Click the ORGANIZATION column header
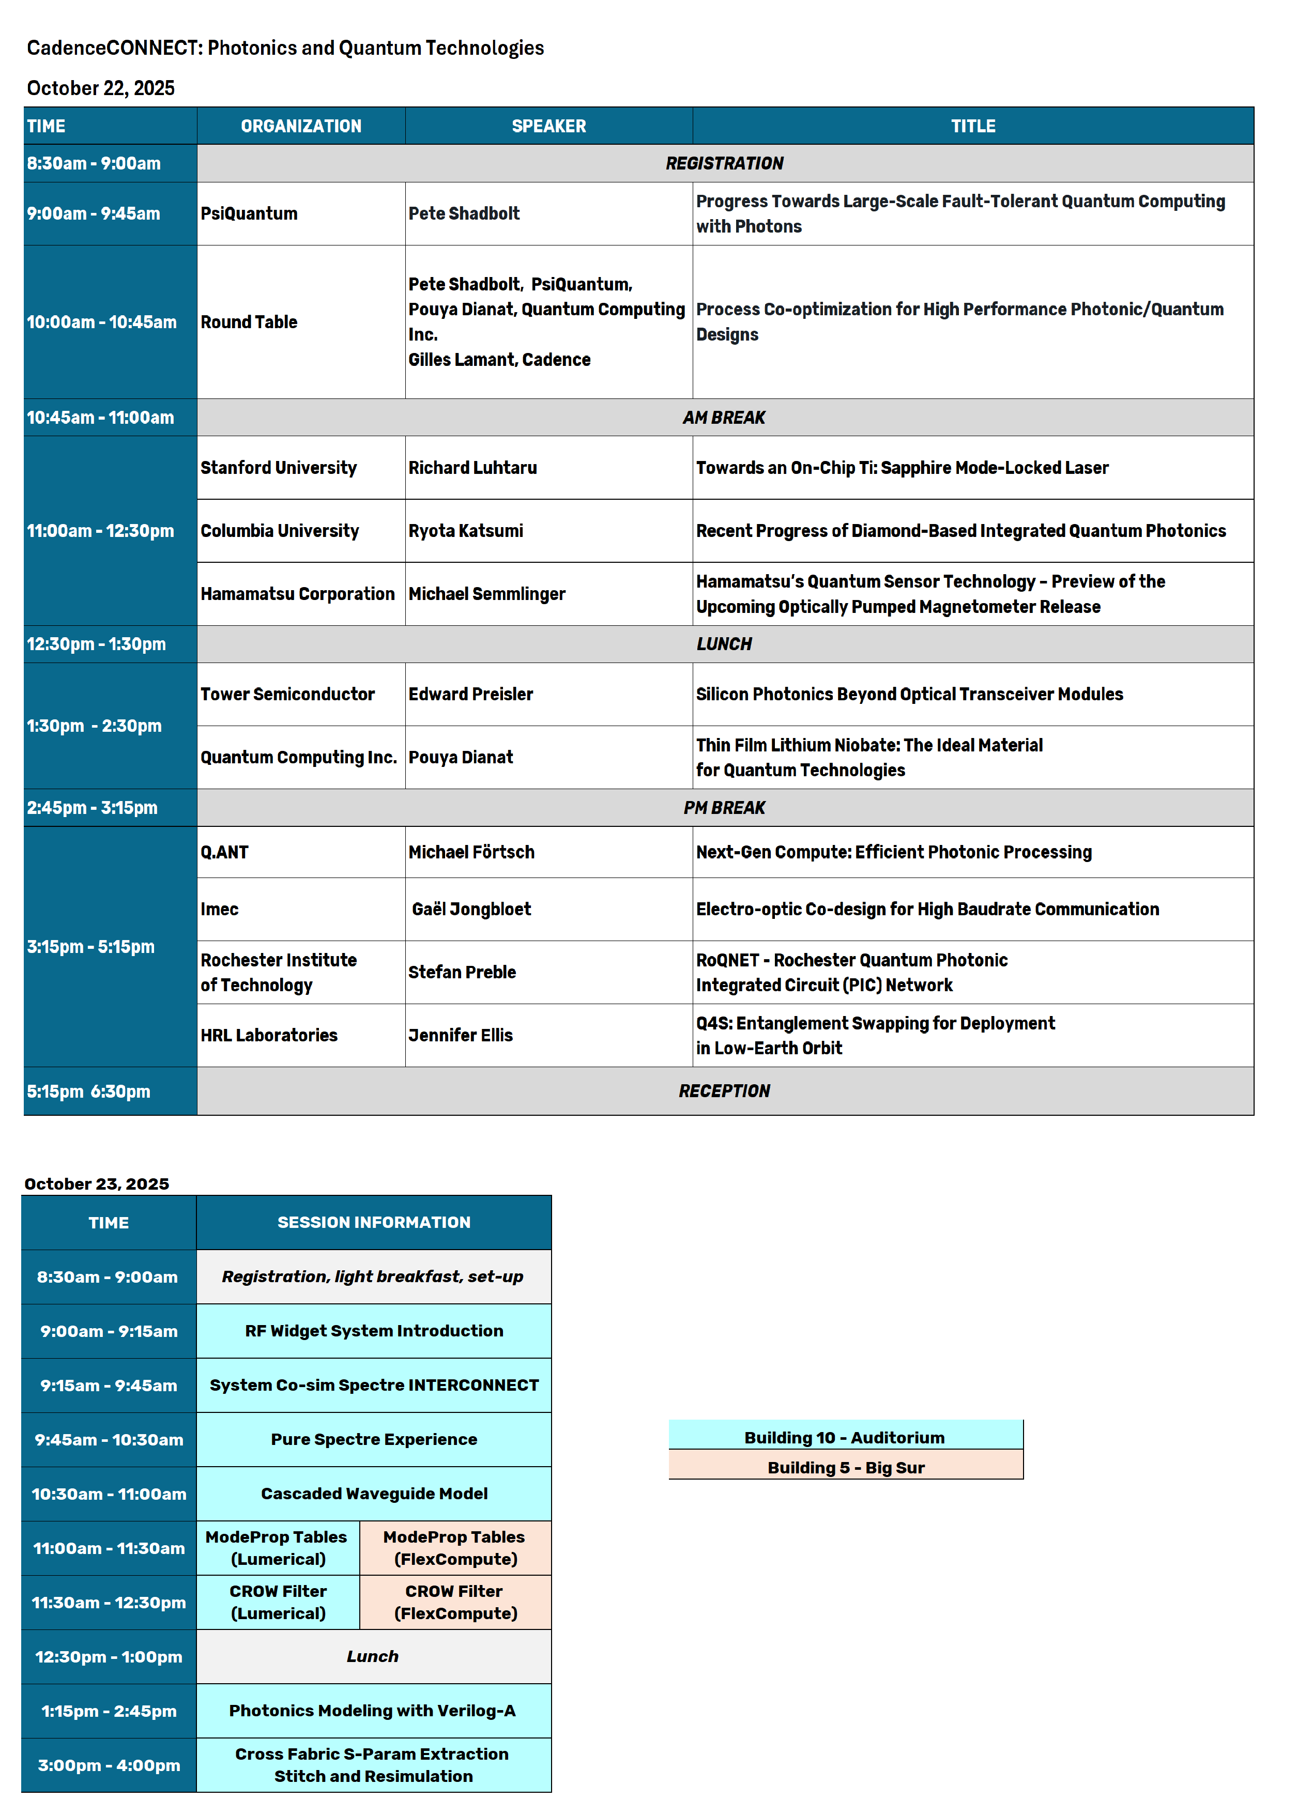pyautogui.click(x=301, y=126)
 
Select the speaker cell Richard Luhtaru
pyautogui.click(x=472, y=468)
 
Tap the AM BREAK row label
pyautogui.click(x=724, y=418)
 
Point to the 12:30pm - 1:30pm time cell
pyautogui.click(x=97, y=644)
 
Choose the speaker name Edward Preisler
pyautogui.click(x=471, y=695)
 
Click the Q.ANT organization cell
pyautogui.click(x=225, y=852)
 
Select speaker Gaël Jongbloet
pyautogui.click(x=471, y=910)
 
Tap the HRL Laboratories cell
pyautogui.click(x=269, y=1036)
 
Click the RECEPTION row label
pyautogui.click(x=724, y=1091)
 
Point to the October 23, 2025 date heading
pyautogui.click(x=97, y=1184)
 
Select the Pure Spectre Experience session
pyautogui.click(x=374, y=1440)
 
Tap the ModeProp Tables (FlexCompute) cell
pyautogui.click(x=455, y=1548)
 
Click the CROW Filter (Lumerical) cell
pyautogui.click(x=278, y=1603)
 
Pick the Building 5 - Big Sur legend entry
pyautogui.click(x=845, y=1468)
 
